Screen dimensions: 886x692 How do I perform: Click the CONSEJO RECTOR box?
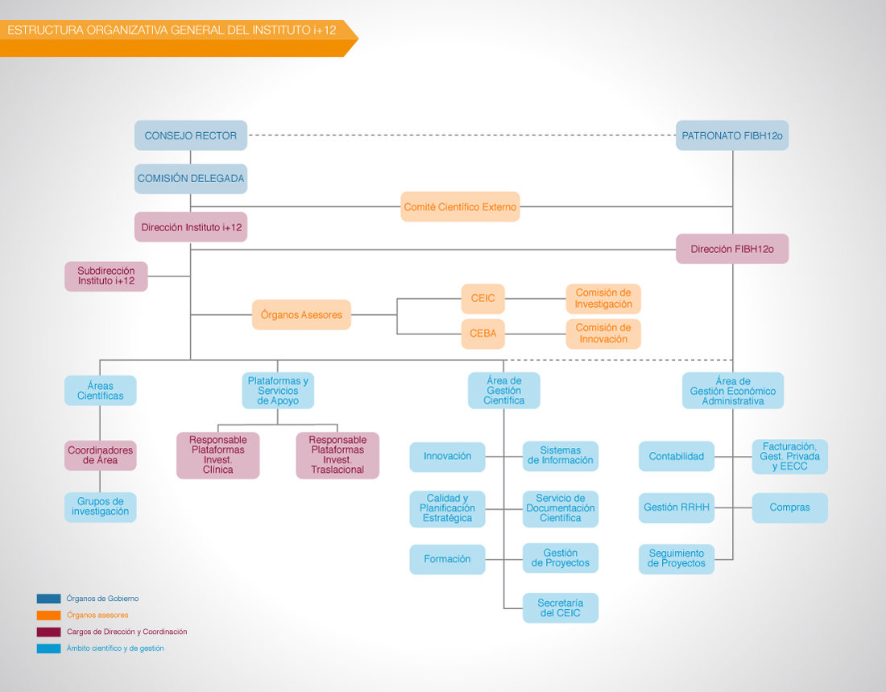(x=191, y=135)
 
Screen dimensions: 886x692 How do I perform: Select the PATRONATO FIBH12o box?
(x=732, y=135)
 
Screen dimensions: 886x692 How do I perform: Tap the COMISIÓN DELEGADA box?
(x=191, y=179)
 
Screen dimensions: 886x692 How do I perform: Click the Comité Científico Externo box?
(x=460, y=207)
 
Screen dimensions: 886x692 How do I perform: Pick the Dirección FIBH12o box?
(x=732, y=249)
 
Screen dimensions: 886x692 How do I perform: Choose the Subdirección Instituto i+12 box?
(x=106, y=276)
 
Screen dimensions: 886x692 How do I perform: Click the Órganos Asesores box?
(x=302, y=315)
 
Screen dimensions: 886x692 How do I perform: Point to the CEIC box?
(x=483, y=299)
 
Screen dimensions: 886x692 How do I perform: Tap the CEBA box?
(x=483, y=334)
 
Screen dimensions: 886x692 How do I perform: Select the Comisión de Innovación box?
(x=603, y=334)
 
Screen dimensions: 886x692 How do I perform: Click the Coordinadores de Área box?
(x=101, y=456)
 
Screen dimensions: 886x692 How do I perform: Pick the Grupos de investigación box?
(x=101, y=508)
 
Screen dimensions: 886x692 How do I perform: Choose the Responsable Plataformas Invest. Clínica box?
(x=218, y=455)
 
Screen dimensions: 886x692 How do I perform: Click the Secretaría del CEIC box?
(x=561, y=607)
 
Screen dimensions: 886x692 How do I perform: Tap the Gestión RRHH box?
(x=677, y=508)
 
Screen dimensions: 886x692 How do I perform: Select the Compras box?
(x=790, y=508)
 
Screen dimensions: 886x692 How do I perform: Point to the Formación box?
(x=448, y=559)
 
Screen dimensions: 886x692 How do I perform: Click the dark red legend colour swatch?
(x=48, y=632)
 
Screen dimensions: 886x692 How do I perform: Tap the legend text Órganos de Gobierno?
(x=102, y=599)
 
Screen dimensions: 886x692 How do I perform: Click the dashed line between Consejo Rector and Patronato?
(x=462, y=135)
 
